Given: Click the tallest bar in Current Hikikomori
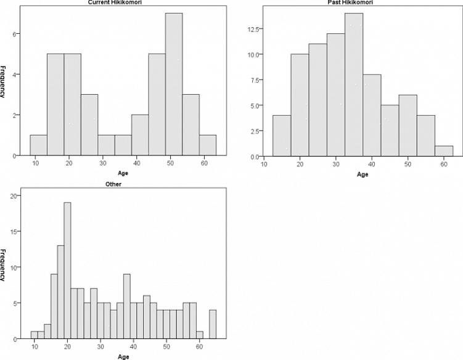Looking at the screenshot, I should click(x=174, y=84).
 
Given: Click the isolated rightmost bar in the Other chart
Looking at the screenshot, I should click(x=213, y=324).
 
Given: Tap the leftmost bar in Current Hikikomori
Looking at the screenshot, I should click(x=38, y=145).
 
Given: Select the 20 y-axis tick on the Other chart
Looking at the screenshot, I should click(x=15, y=197).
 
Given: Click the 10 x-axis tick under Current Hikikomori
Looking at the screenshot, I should click(x=35, y=163).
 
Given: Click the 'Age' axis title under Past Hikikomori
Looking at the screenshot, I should click(x=362, y=174).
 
